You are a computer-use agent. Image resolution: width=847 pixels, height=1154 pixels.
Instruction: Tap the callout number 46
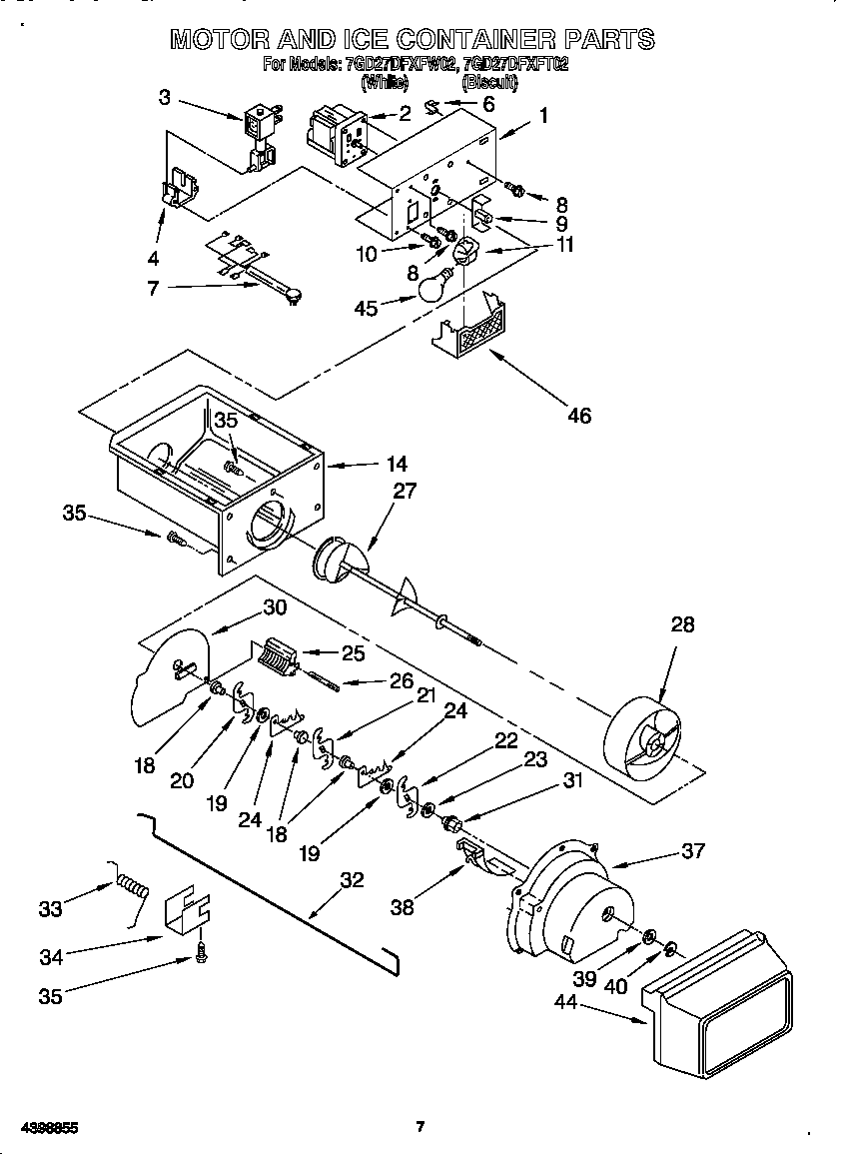point(578,416)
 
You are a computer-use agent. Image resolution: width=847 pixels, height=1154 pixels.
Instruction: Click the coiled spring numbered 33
point(133,884)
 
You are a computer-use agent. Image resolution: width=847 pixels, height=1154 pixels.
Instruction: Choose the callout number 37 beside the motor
point(692,850)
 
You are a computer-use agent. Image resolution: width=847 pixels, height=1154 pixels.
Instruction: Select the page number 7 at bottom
point(421,1127)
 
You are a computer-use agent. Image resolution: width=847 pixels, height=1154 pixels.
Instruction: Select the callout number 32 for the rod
point(352,880)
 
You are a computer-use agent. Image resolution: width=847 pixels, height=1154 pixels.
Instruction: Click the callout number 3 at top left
point(165,97)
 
